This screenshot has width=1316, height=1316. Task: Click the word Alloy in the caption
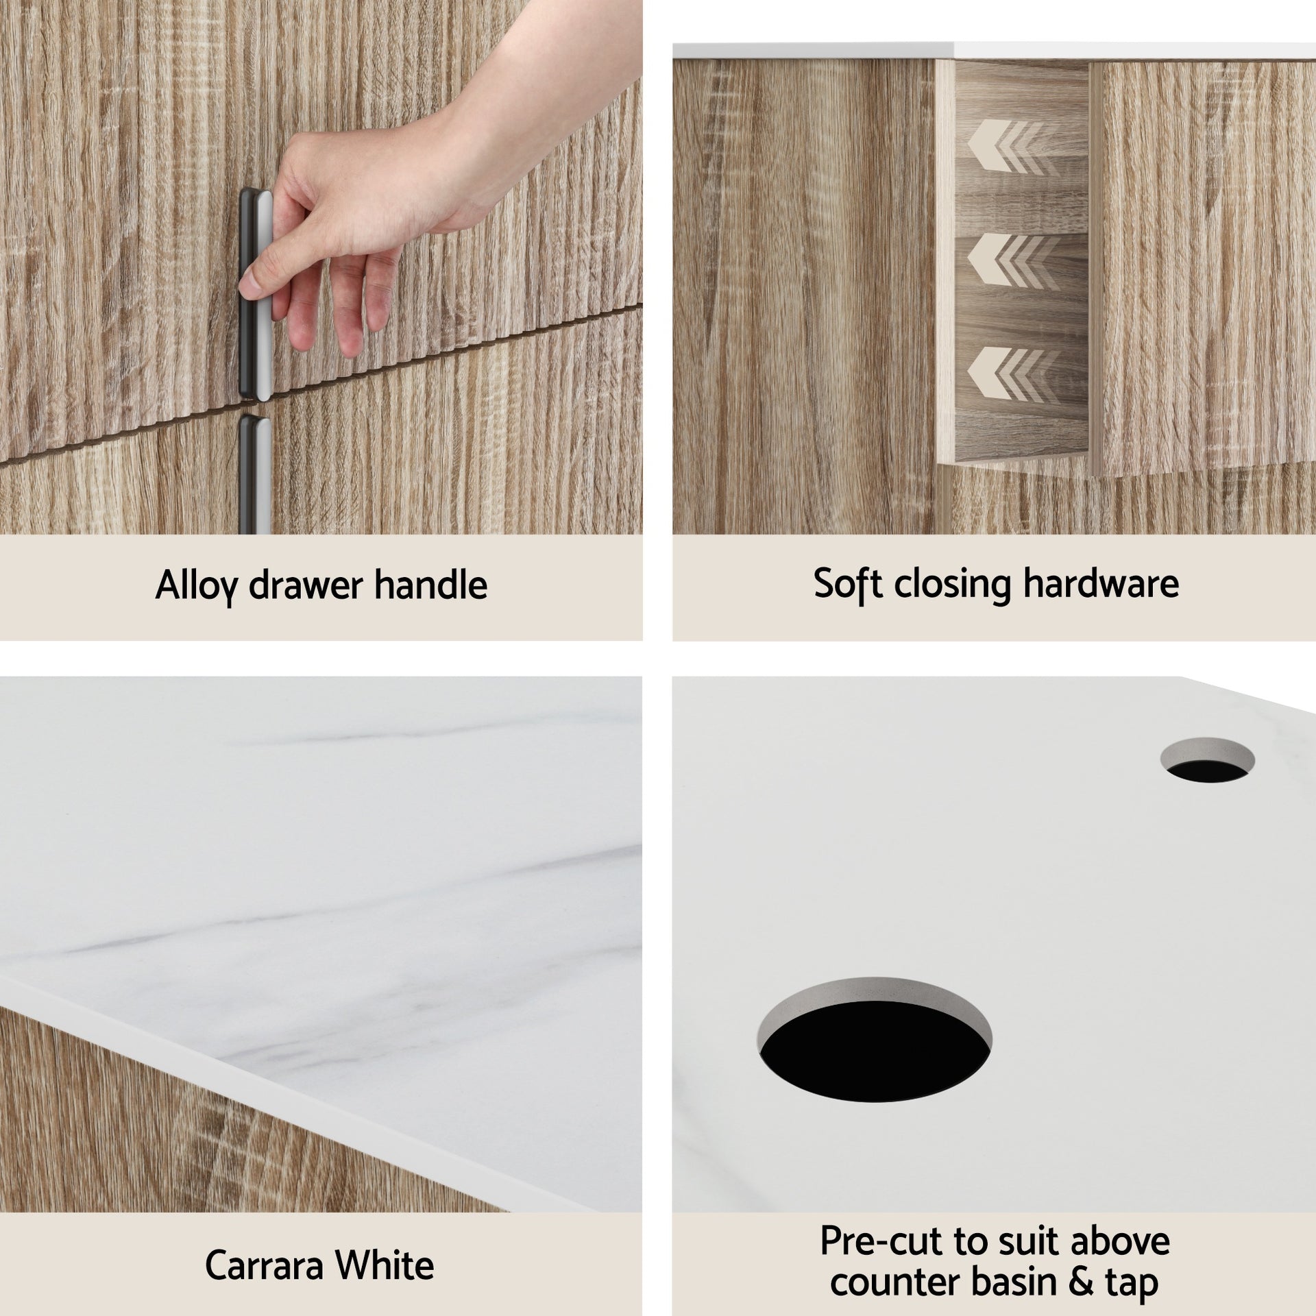(196, 586)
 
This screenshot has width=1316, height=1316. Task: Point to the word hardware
(1101, 583)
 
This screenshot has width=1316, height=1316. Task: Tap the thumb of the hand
(255, 278)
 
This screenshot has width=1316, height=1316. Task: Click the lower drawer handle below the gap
(250, 473)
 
